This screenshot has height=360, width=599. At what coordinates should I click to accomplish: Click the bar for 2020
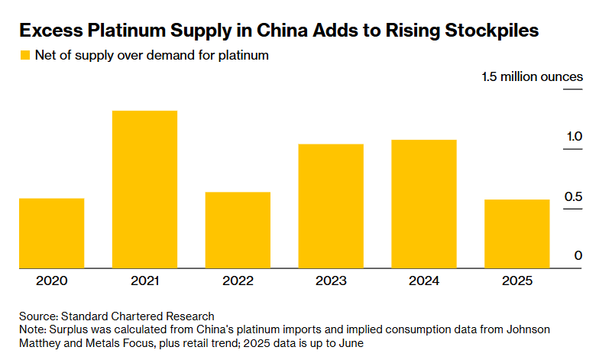(51, 233)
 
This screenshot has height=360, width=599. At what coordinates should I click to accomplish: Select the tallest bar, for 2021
(144, 190)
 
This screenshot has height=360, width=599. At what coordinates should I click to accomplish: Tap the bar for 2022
(238, 230)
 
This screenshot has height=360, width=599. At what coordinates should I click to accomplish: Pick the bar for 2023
(331, 206)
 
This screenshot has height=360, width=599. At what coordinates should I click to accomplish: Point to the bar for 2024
(424, 204)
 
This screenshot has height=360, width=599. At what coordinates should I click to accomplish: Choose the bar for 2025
(517, 234)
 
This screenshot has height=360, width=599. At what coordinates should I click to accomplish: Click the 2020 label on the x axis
(51, 281)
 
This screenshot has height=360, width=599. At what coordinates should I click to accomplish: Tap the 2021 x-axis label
(144, 281)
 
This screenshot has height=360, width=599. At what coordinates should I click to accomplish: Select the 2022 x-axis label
(238, 281)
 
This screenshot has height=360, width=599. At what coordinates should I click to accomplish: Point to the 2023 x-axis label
(331, 281)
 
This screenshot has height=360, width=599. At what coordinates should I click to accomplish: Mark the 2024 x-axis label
(424, 281)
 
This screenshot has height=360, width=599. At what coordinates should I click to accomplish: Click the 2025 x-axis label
(517, 281)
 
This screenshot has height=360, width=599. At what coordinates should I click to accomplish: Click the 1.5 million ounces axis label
(532, 77)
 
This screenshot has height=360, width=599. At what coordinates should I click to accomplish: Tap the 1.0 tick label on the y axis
(574, 137)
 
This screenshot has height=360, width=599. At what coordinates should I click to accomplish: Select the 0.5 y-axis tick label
(574, 197)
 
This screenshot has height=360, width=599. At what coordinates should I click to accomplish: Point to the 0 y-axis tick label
(578, 256)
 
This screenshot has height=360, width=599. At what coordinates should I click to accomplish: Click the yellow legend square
(24, 55)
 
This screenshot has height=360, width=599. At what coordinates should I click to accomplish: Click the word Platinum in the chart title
(128, 31)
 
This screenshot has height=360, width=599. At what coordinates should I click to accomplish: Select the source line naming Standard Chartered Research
(117, 316)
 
